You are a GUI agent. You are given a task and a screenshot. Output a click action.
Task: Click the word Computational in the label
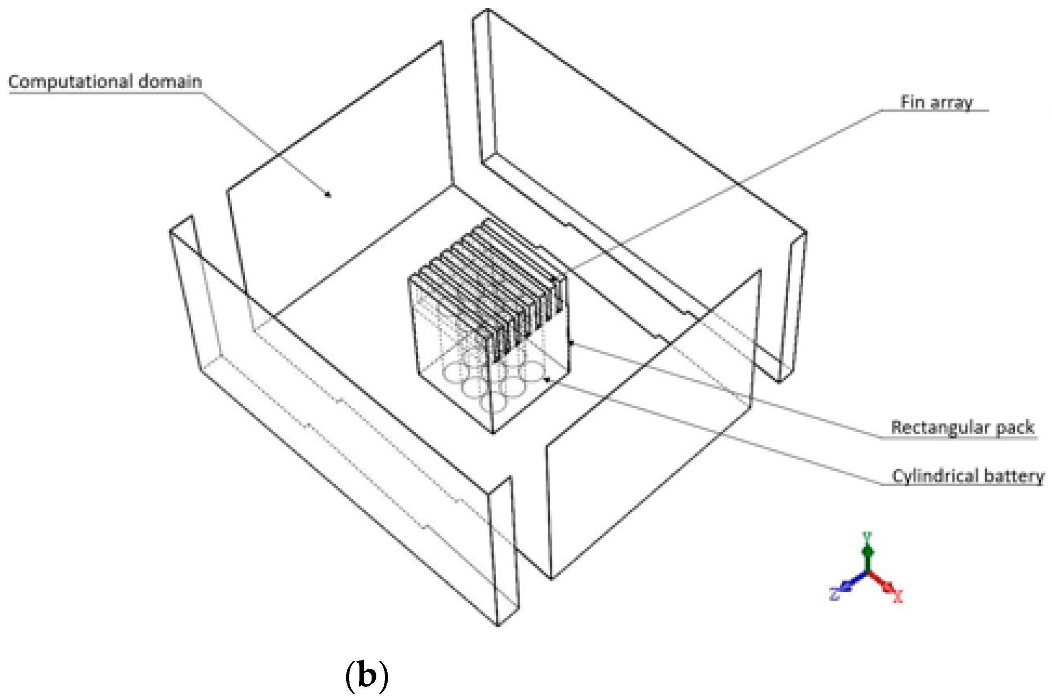coord(71,82)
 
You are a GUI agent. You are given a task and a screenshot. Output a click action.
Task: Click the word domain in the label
coord(170,82)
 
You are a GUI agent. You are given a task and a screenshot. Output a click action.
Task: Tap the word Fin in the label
coord(912,102)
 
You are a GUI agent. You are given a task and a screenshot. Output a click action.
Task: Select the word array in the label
coord(951,103)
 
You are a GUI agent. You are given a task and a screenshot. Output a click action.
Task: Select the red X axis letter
coord(898,597)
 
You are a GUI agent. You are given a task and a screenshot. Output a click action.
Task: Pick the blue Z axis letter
coord(834,594)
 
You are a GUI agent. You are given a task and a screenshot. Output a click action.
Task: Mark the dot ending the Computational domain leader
coord(328,194)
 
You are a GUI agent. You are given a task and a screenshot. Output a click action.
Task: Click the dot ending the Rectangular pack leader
coord(571,343)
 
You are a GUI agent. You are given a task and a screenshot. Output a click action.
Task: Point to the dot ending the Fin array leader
coord(554,279)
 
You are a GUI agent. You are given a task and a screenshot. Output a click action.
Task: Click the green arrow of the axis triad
coord(867,553)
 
